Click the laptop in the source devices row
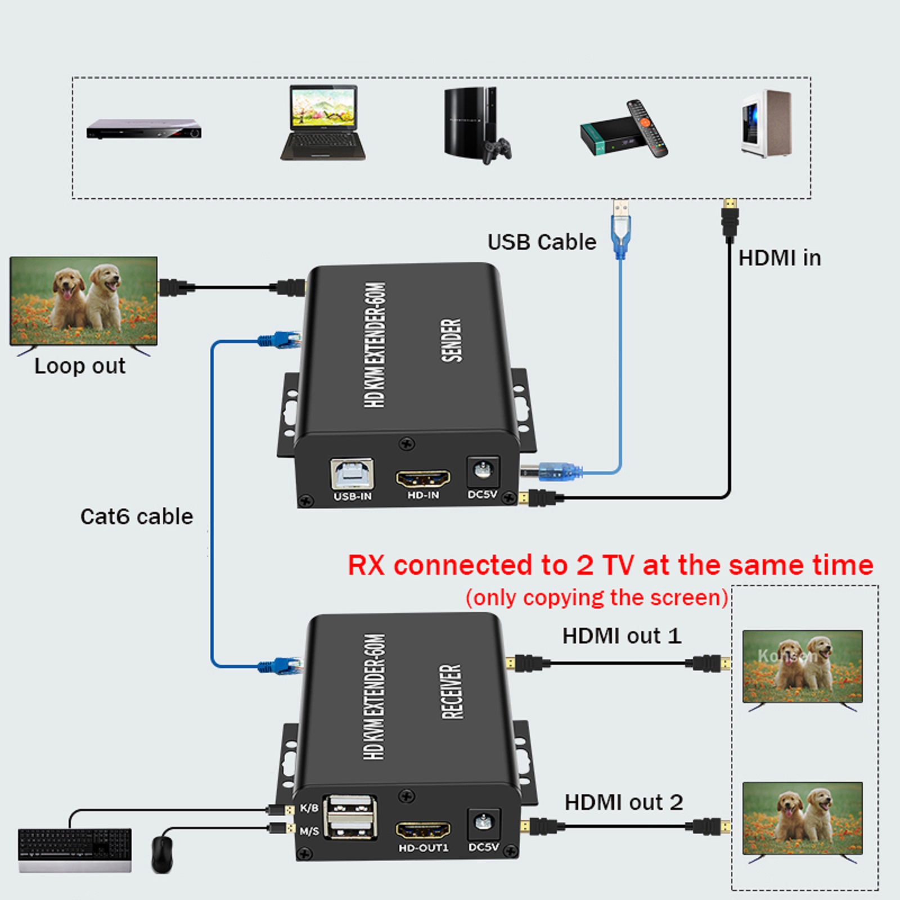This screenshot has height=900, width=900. click(x=323, y=123)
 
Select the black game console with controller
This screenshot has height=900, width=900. click(x=475, y=125)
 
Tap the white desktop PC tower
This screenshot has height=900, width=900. click(x=766, y=124)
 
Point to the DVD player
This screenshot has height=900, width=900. click(x=144, y=129)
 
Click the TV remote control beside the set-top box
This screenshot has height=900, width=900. click(x=647, y=128)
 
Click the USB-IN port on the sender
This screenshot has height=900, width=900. click(x=352, y=474)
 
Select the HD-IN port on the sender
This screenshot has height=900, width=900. click(x=423, y=479)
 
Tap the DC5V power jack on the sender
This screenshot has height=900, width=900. click(x=482, y=471)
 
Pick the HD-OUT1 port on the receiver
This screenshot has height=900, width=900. click(x=423, y=829)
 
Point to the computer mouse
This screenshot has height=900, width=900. click(x=162, y=854)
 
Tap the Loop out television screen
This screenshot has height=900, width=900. click(x=84, y=301)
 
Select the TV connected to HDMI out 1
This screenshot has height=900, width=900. click(x=802, y=667)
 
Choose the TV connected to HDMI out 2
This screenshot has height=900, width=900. click(x=802, y=818)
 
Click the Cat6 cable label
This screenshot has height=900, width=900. click(x=137, y=516)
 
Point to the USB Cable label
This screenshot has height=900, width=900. click(x=542, y=242)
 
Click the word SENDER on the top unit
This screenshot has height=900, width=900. click(x=451, y=340)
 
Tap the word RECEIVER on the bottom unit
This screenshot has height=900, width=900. click(x=451, y=691)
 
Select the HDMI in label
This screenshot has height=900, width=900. click(x=779, y=258)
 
